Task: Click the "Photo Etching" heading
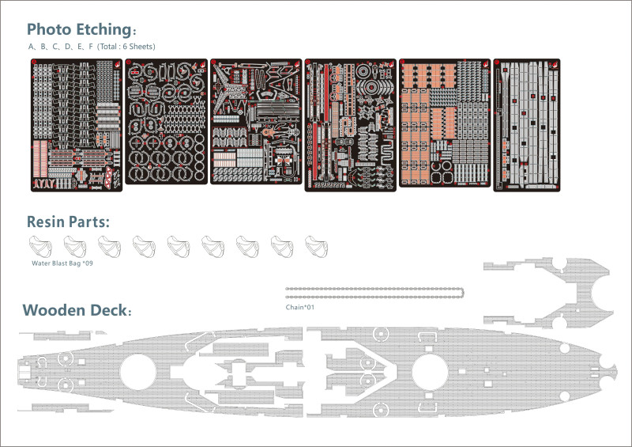pyautogui.click(x=79, y=29)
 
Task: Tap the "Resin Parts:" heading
pyautogui.click(x=66, y=222)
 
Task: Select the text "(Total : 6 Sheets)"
pyautogui.click(x=126, y=47)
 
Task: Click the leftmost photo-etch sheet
pyautogui.click(x=77, y=124)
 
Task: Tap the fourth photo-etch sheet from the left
pyautogui.click(x=350, y=124)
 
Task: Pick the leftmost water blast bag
pyautogui.click(x=39, y=245)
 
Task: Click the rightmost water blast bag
pyautogui.click(x=316, y=245)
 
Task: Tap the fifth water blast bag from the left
pyautogui.click(x=178, y=245)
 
